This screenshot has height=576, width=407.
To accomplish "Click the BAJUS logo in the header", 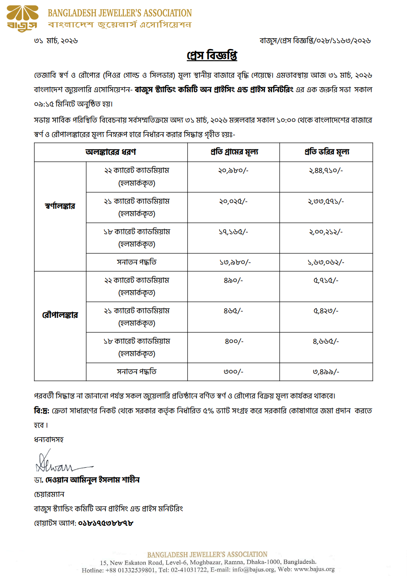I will click(x=23, y=19).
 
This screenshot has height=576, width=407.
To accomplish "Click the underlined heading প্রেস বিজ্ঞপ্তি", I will click(x=212, y=55).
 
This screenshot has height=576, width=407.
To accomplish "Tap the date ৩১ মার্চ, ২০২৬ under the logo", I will click(x=56, y=41).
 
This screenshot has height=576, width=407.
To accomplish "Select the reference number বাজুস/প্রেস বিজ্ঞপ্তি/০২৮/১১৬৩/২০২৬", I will click(x=315, y=41).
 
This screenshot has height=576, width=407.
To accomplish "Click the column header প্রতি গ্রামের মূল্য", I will click(x=234, y=152).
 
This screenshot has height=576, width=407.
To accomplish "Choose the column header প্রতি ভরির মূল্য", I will click(x=327, y=152).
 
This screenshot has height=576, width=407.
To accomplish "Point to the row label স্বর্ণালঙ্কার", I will click(x=60, y=206).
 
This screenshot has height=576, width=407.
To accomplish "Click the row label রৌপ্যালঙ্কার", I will click(x=60, y=315).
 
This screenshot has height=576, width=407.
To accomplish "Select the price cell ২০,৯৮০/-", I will click(x=233, y=170).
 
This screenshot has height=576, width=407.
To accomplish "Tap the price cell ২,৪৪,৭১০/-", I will click(x=326, y=170).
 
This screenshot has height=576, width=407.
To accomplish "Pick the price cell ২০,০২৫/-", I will click(x=233, y=201).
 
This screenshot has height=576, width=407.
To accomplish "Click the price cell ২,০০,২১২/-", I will click(x=326, y=232).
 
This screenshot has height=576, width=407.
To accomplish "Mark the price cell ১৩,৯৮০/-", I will click(x=235, y=262).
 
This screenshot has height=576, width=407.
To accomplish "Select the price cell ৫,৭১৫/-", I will click(x=326, y=280).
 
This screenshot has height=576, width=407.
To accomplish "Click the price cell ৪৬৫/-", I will click(x=233, y=311).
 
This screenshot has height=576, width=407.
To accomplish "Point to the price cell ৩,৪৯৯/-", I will click(x=326, y=372).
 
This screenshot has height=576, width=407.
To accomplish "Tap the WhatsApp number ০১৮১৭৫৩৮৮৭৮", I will click(x=106, y=523).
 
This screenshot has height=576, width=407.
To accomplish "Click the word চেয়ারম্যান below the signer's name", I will click(x=49, y=494).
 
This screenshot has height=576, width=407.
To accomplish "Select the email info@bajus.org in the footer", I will click(x=253, y=569).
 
